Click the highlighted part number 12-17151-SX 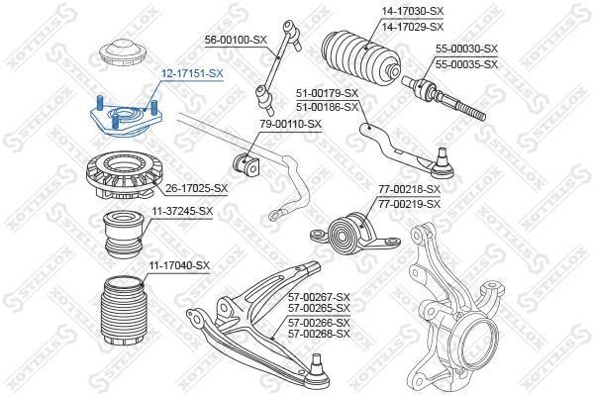(192, 73)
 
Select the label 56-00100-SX (236, 40)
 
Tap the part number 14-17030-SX (412, 11)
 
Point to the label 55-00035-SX (466, 64)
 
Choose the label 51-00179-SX (327, 93)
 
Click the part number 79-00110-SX (290, 124)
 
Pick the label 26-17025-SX (197, 188)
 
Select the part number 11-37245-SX (182, 211)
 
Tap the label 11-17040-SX (179, 265)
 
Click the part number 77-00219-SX (410, 204)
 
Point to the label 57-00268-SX (319, 334)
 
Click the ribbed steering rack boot (360, 56)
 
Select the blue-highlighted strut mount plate (127, 118)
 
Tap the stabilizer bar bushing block (246, 165)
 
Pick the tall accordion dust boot (122, 312)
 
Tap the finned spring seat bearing (125, 174)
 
